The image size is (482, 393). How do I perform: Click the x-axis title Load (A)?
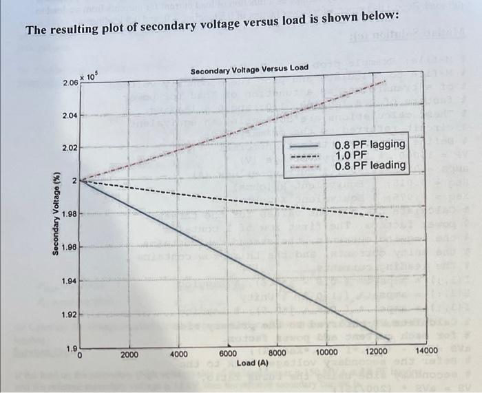(252, 362)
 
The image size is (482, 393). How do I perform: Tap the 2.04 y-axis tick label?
(70, 116)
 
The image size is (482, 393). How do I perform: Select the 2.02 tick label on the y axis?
(70, 148)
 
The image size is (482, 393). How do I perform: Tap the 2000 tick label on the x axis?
(129, 354)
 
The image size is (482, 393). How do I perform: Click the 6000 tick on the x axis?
(228, 352)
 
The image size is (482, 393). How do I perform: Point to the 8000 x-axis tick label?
(277, 352)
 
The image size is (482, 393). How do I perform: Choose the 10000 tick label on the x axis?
(326, 352)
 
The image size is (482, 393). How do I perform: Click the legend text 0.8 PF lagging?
(369, 145)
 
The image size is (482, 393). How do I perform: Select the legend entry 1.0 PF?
(351, 156)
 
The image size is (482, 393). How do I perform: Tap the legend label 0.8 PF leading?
(369, 166)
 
